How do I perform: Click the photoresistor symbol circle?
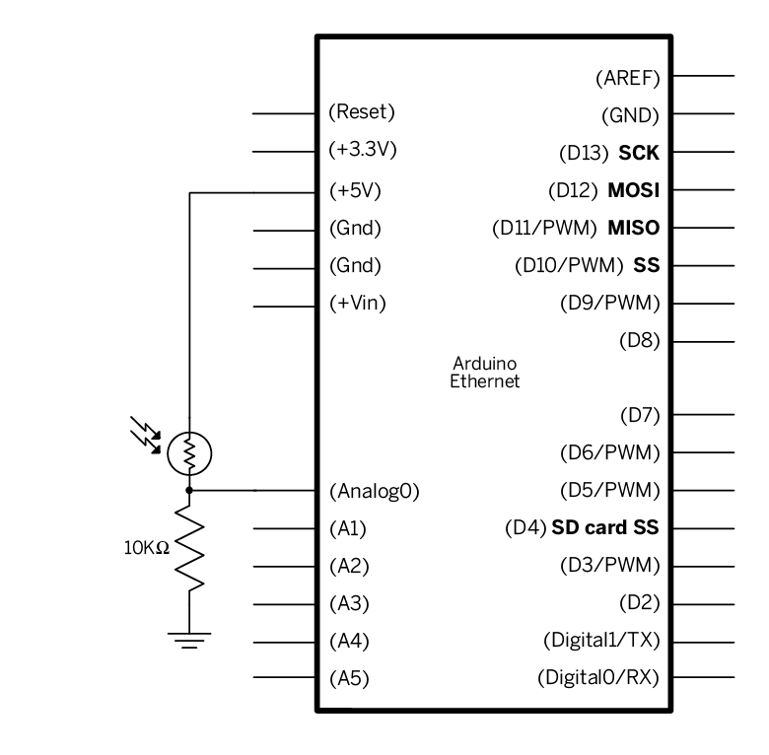(188, 453)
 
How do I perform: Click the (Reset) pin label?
(361, 111)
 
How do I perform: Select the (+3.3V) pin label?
(361, 151)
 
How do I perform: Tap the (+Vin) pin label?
(357, 303)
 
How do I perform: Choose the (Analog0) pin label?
(373, 491)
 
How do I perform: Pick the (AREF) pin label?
(628, 76)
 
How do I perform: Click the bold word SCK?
(639, 153)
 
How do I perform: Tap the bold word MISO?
(633, 229)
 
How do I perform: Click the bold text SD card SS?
(605, 527)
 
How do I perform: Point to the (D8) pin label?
(639, 341)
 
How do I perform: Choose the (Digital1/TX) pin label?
(601, 640)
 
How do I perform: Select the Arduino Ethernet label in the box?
(484, 372)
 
